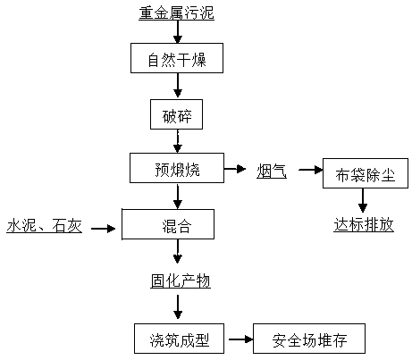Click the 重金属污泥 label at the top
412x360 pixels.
tap(176, 13)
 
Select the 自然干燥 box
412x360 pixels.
tap(177, 58)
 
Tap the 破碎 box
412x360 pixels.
tap(176, 114)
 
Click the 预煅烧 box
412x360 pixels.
tap(177, 168)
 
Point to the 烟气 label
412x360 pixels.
tap(272, 172)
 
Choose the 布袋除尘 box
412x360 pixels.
tap(366, 173)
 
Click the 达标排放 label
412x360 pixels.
tap(364, 225)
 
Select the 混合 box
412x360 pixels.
tap(168, 224)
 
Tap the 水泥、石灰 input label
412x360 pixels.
tap(44, 226)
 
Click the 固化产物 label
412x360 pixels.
tap(181, 281)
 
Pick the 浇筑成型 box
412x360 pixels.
tap(179, 339)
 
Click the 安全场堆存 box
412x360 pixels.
tap(309, 339)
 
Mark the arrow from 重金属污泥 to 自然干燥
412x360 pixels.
tap(178, 32)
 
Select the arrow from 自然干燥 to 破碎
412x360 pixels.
tap(178, 85)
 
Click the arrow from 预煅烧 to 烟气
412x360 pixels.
tap(235, 169)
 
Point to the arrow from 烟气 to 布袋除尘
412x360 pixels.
tap(311, 170)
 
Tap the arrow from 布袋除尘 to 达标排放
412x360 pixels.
tap(363, 200)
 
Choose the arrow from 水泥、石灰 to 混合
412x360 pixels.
tap(103, 229)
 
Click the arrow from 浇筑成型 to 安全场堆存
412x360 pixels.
tap(241, 339)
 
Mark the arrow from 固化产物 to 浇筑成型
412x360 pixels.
tap(178, 307)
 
